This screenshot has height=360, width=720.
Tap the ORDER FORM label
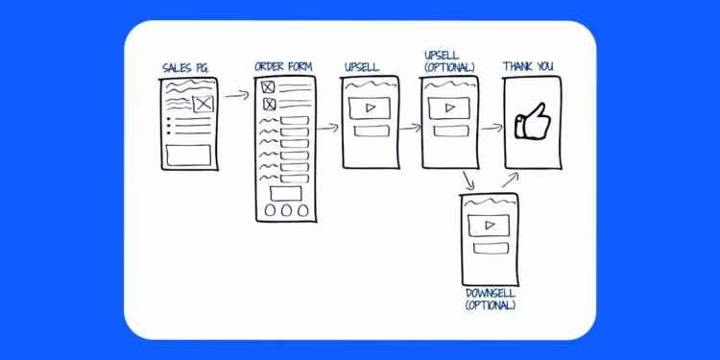tap(284, 67)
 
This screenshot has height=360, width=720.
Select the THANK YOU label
tap(528, 67)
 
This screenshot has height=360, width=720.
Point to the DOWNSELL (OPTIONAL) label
tap(490, 299)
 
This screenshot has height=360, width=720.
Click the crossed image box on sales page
tap(203, 105)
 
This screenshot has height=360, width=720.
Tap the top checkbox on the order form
tap(269, 87)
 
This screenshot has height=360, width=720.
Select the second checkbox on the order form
tap(269, 104)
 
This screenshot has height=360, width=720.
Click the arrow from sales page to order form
tap(236, 96)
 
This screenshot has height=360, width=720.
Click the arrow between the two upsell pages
tap(409, 127)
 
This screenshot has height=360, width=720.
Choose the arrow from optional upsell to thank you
tap(491, 127)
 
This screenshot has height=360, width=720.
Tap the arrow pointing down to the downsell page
tap(468, 180)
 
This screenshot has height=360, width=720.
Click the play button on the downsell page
tap(490, 226)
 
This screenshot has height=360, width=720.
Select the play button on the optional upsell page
tap(449, 106)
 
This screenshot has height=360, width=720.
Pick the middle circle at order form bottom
tap(284, 209)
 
